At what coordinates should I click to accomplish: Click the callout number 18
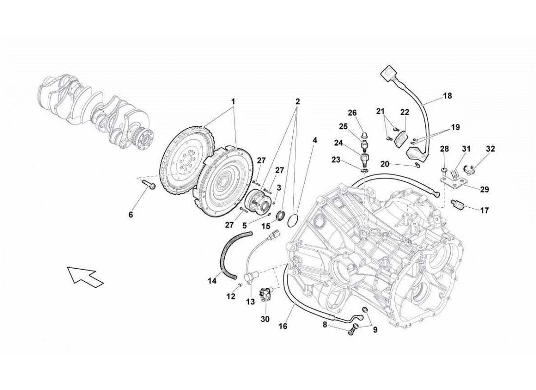(x=447, y=96)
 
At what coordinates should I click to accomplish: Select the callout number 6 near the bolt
(x=131, y=214)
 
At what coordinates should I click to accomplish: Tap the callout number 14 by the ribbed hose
(x=211, y=281)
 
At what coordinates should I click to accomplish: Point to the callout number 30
(x=265, y=319)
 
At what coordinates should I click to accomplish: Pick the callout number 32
(x=491, y=149)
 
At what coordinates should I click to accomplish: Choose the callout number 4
(x=315, y=140)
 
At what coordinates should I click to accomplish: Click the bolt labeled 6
(x=149, y=185)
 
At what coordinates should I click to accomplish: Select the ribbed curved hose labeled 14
(x=228, y=253)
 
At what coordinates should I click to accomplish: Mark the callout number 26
(x=352, y=113)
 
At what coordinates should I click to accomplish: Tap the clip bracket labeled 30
(x=266, y=294)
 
